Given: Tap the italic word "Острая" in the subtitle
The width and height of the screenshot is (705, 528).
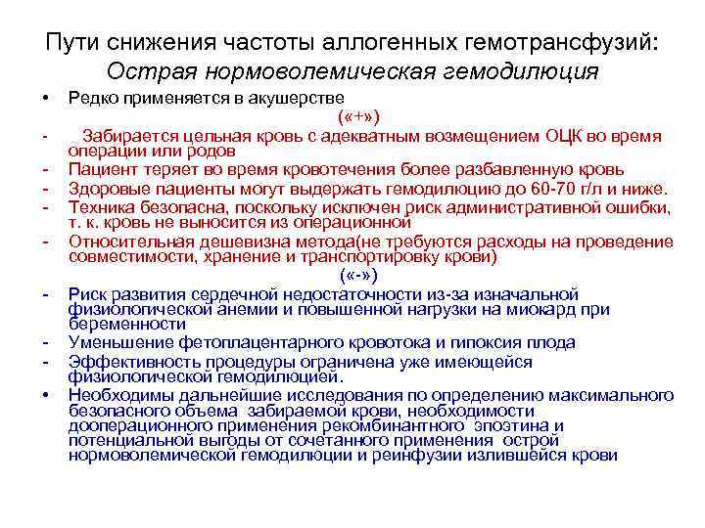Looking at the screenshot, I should (145, 72).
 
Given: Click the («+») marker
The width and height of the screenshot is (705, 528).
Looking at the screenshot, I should (352, 117).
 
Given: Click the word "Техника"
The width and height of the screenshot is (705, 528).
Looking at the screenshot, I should (101, 205).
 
